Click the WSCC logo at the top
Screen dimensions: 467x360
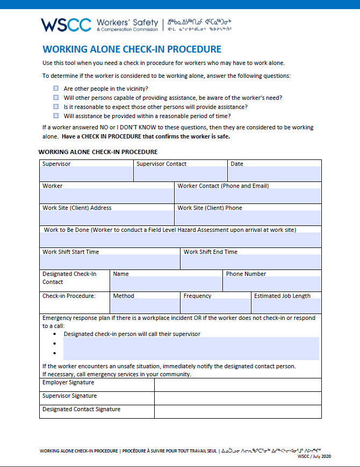click(66, 25)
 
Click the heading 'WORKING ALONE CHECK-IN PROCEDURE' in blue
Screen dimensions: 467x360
click(132, 49)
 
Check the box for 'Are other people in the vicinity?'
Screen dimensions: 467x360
click(56, 88)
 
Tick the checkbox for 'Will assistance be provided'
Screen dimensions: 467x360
click(56, 115)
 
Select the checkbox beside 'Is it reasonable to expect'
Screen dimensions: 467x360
click(56, 106)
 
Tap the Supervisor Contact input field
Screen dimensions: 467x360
click(180, 174)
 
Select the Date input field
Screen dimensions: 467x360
click(275, 174)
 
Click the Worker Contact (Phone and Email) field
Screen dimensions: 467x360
click(248, 196)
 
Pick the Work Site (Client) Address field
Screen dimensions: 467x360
click(107, 217)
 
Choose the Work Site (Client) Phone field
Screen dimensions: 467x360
click(248, 217)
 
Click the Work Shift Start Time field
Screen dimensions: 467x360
click(110, 262)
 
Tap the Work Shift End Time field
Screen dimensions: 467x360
click(251, 262)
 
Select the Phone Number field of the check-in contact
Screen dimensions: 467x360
click(272, 284)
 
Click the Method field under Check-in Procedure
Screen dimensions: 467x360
click(145, 306)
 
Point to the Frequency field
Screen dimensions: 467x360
click(215, 306)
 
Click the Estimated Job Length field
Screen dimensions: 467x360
click(286, 306)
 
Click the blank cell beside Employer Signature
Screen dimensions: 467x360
click(237, 385)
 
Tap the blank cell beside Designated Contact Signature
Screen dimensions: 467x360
click(237, 412)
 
